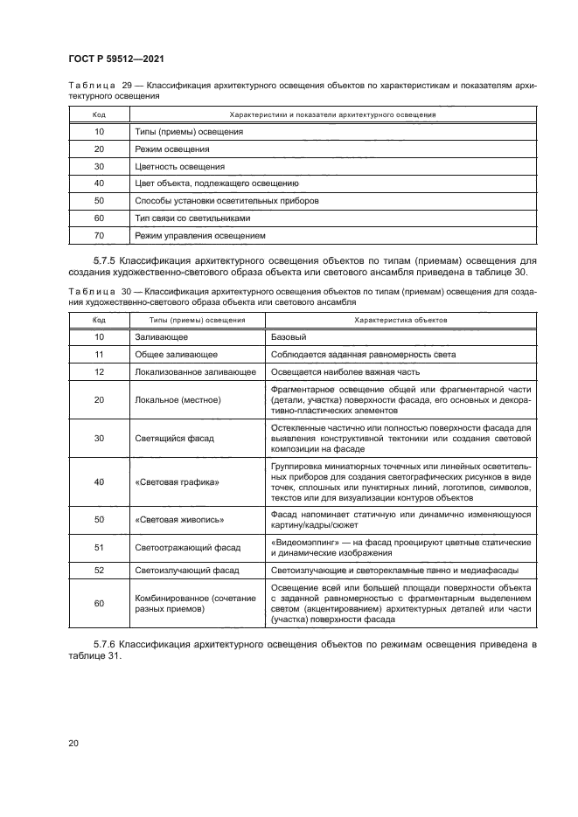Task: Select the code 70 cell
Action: (99, 235)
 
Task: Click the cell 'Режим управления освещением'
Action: (199, 235)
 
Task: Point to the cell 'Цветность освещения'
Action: (179, 165)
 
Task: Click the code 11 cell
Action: (99, 354)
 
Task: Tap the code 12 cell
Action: (99, 371)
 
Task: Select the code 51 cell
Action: (99, 548)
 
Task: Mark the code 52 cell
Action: (99, 570)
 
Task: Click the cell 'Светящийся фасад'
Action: (175, 437)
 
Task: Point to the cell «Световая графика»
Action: (177, 481)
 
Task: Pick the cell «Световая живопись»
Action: (179, 520)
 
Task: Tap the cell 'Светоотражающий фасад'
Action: (186, 548)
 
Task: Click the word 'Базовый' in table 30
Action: (289, 336)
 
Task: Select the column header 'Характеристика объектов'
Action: (400, 320)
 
